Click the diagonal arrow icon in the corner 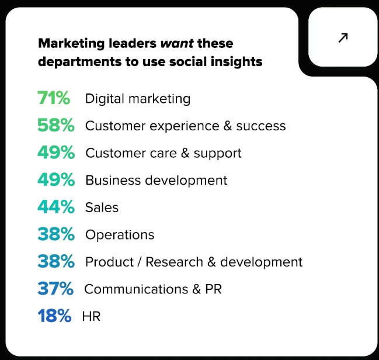[343, 37]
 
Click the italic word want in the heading [178, 43]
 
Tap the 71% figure [54, 98]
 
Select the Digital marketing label [138, 99]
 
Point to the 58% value [55, 126]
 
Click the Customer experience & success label [186, 126]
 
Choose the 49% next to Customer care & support [55, 153]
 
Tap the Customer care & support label [164, 153]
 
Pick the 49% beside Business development [55, 180]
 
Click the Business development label [157, 180]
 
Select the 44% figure [55, 207]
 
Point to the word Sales [102, 207]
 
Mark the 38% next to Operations [55, 234]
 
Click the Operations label [120, 235]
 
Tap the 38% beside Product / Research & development [55, 262]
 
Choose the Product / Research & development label [194, 262]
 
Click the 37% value [55, 289]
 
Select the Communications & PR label [153, 289]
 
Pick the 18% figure [54, 316]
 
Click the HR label [91, 316]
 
